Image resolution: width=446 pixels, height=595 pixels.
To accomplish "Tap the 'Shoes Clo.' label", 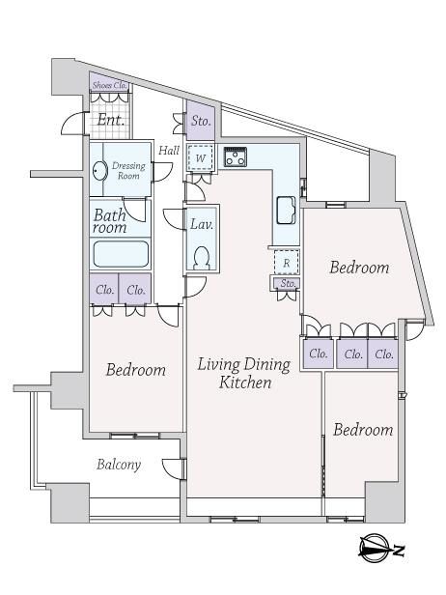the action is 109,85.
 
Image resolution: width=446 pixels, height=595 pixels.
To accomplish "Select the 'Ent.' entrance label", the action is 110,121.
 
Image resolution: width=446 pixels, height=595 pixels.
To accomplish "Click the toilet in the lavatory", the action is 201,258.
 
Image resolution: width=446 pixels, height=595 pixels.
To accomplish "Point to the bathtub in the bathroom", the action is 121,254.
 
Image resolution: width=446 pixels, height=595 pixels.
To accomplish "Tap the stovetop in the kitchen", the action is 236,156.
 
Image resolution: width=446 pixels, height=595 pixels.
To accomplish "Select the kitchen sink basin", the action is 286,211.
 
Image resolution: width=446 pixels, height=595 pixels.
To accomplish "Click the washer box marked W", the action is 200,157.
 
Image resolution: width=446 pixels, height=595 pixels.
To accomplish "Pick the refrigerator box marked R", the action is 287,262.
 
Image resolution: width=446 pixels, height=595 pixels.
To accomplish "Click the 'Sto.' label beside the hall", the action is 201,121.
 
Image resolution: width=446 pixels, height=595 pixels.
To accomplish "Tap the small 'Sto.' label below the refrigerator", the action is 288,283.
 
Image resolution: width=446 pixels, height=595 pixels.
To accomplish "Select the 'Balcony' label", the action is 119,465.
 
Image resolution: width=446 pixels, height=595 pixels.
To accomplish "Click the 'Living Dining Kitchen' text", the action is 244,374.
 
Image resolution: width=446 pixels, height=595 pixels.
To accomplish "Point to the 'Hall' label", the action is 169,151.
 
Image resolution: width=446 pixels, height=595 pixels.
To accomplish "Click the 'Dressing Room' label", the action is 128,171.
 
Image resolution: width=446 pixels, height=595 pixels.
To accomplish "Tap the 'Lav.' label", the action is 202,224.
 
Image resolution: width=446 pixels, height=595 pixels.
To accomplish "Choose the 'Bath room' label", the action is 110,221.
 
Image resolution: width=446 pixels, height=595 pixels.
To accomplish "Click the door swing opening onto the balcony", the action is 173,469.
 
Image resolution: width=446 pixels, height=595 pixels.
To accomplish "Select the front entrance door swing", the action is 72,123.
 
